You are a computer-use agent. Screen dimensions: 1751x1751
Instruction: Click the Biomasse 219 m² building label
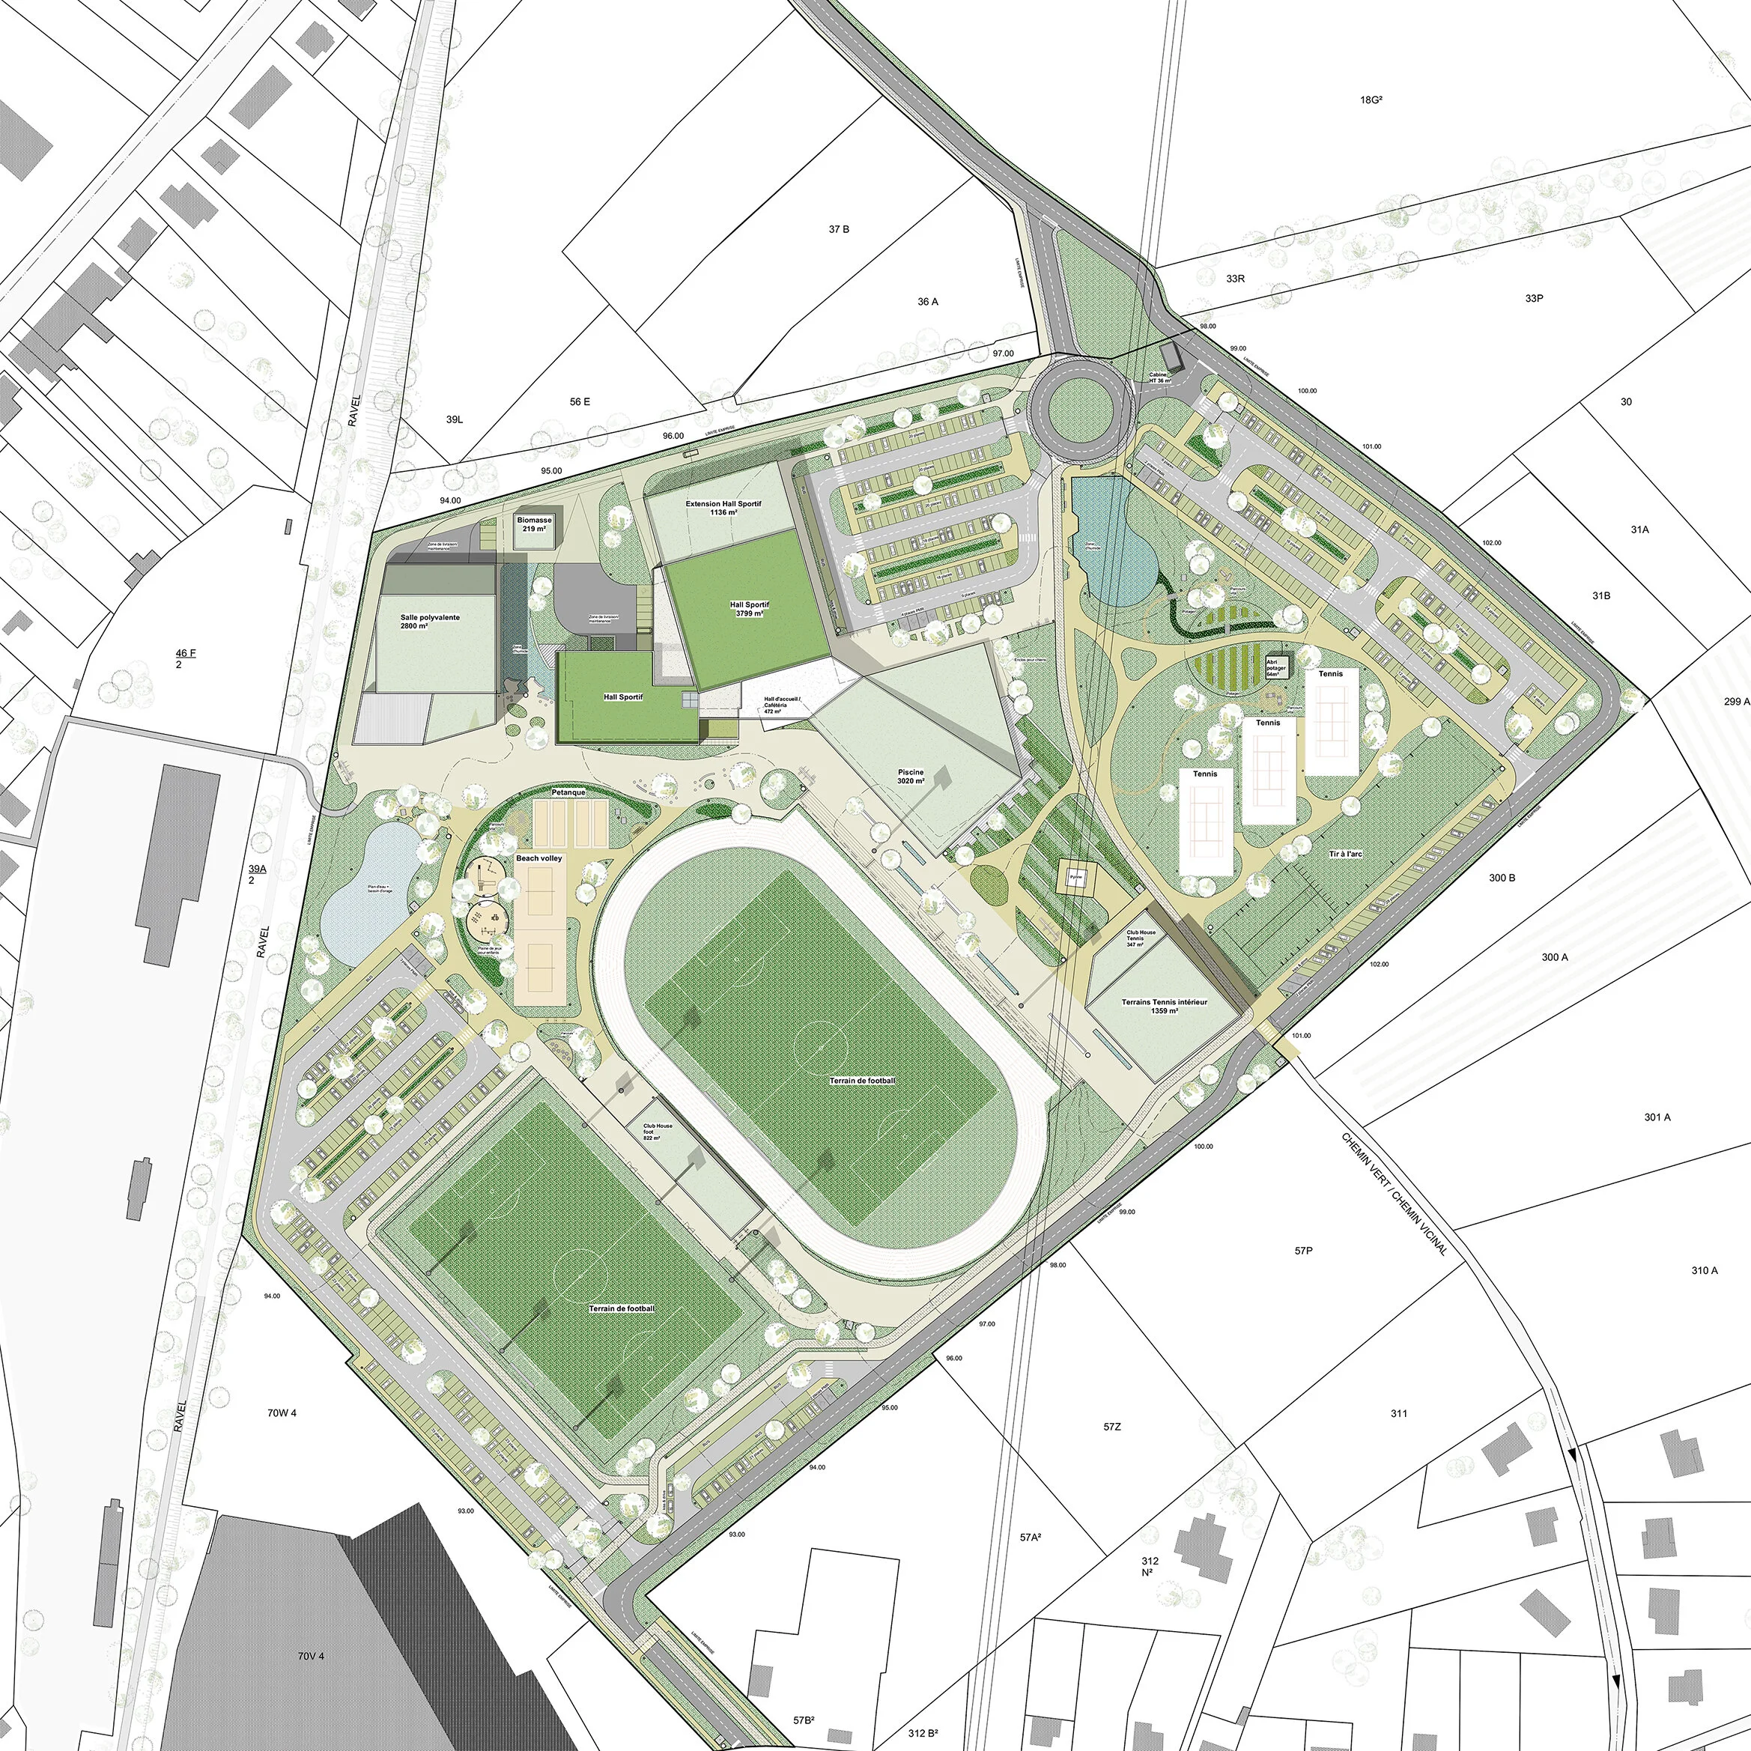[x=535, y=524]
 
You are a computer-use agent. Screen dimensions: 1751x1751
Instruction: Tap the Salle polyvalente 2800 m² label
[x=430, y=621]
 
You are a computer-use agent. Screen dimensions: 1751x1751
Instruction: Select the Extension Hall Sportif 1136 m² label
[x=723, y=508]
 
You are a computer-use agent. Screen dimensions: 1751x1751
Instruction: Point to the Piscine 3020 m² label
[x=910, y=776]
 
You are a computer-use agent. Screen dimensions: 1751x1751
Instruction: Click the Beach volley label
[x=539, y=858]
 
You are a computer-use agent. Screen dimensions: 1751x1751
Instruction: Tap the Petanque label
[x=568, y=792]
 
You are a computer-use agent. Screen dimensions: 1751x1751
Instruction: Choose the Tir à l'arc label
[x=1345, y=854]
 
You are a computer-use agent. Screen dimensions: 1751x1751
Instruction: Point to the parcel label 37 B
[x=838, y=229]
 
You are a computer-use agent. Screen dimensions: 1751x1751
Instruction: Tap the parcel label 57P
[x=1302, y=1251]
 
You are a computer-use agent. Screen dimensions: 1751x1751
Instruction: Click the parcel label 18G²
[x=1371, y=100]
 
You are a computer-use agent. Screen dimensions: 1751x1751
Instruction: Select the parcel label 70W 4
[x=282, y=1413]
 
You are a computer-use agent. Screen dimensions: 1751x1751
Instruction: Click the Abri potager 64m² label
[x=1276, y=667]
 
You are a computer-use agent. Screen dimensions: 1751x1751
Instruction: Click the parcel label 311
[x=1398, y=1413]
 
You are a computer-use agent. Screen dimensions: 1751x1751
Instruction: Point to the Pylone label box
[x=1075, y=877]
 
